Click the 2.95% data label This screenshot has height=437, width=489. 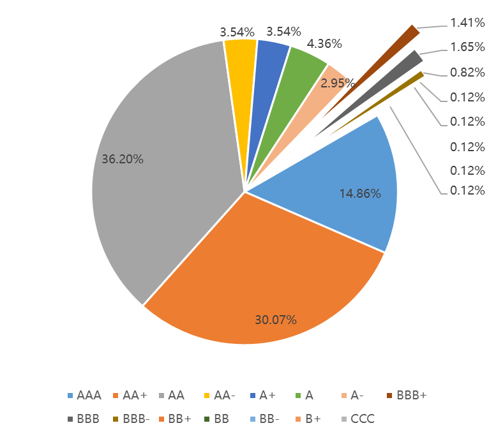338,83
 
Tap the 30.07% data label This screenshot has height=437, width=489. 276,320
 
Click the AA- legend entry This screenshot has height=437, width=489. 220,396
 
